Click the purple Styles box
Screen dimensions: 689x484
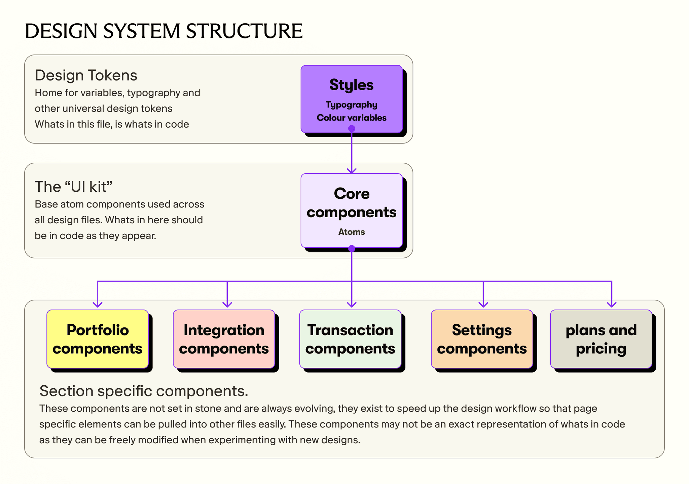(x=352, y=99)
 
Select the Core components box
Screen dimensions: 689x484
(x=352, y=211)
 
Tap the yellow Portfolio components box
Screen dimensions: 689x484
(x=98, y=339)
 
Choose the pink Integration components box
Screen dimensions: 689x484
(x=224, y=339)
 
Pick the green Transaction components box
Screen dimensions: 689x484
(x=350, y=339)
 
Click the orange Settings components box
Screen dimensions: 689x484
(x=482, y=339)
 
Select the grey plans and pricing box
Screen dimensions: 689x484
(x=601, y=339)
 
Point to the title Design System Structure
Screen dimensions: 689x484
(x=164, y=31)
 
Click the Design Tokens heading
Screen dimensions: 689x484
(x=86, y=75)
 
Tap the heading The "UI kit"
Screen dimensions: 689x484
(x=73, y=187)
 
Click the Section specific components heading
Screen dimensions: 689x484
(x=144, y=391)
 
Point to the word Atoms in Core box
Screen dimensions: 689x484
(x=352, y=232)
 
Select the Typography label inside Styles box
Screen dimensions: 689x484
(x=352, y=105)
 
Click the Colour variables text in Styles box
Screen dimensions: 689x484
(x=352, y=118)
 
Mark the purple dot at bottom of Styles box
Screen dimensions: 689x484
(x=352, y=128)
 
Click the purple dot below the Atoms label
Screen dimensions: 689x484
(x=352, y=249)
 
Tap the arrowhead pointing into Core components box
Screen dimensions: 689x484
(x=352, y=171)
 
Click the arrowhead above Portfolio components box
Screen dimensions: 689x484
(x=98, y=304)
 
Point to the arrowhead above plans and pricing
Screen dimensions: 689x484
(x=612, y=304)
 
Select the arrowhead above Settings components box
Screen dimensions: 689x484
(x=483, y=304)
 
